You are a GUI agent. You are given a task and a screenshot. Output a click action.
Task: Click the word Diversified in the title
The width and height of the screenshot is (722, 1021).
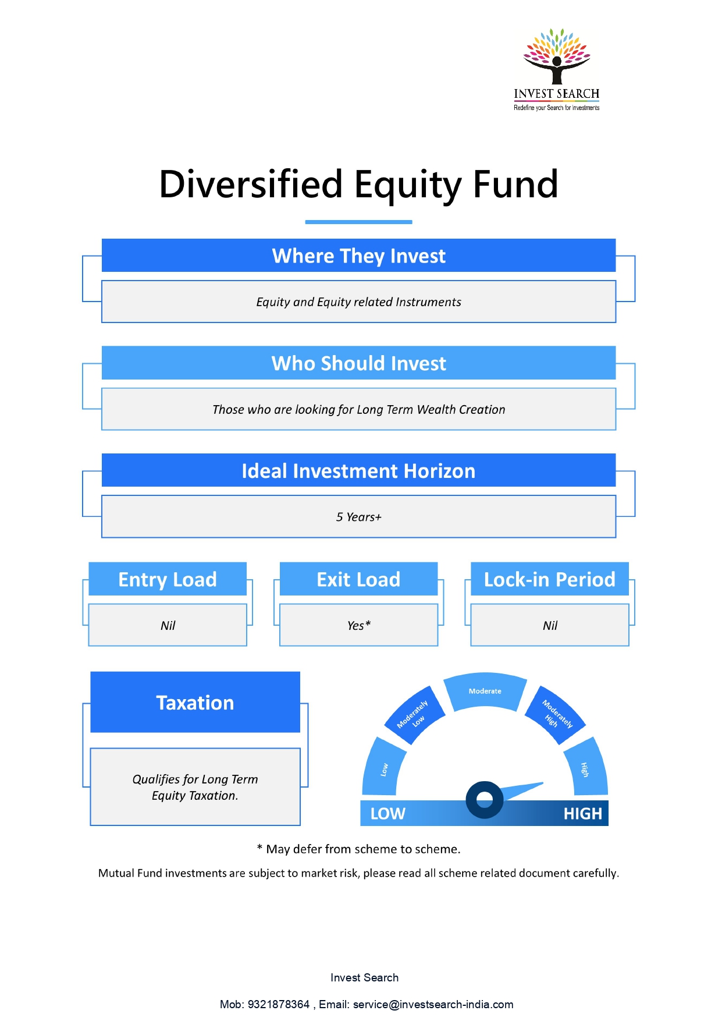tap(251, 185)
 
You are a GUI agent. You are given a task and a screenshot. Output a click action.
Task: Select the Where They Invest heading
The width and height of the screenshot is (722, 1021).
tap(358, 256)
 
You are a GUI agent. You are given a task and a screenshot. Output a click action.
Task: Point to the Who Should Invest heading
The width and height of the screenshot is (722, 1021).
tap(358, 363)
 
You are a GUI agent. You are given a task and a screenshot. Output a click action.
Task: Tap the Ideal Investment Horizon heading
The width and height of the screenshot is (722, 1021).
tap(358, 471)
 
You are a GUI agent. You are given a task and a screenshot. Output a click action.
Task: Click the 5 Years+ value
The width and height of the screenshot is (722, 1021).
tap(358, 517)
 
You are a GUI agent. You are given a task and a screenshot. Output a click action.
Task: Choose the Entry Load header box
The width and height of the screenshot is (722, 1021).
tap(168, 579)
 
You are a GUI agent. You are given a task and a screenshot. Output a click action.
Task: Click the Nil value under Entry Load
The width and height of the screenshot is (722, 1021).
tap(168, 625)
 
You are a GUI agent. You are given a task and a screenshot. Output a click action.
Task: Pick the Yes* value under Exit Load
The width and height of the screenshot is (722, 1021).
tap(358, 625)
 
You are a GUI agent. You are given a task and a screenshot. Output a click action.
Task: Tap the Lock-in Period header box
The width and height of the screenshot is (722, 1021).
tap(550, 579)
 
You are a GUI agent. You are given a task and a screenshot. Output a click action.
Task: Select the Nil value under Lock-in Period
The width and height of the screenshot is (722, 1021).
tap(550, 625)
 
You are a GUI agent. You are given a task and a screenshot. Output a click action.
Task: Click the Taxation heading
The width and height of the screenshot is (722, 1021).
tap(195, 703)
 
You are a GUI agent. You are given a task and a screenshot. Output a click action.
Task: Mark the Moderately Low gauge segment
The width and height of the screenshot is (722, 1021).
tap(414, 715)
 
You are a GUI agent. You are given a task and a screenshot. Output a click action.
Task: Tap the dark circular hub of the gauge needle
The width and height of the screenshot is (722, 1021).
tap(485, 800)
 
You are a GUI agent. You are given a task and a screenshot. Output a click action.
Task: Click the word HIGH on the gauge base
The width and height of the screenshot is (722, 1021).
tap(582, 814)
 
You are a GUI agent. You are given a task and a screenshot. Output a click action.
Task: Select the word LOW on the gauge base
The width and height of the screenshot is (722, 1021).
tap(388, 814)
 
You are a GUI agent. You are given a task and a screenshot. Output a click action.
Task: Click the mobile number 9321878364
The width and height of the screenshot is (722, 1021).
tap(279, 1004)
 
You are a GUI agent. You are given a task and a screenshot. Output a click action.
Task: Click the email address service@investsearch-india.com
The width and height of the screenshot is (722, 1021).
tap(433, 1004)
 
